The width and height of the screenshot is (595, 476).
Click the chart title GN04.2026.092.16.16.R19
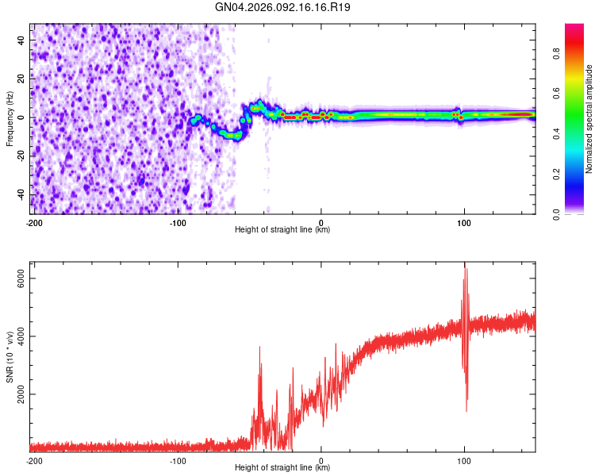[283, 7]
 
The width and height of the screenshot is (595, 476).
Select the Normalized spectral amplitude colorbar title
[589, 119]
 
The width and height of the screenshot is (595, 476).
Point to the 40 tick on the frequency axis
[21, 39]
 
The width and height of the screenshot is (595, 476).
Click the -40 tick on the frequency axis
[20, 194]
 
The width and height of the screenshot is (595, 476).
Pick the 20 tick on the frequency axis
[21, 78]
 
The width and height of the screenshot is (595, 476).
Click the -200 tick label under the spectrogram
[34, 222]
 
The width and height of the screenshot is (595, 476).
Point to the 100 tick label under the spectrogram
[464, 222]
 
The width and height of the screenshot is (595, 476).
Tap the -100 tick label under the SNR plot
[178, 460]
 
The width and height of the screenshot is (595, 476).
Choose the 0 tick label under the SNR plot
[321, 460]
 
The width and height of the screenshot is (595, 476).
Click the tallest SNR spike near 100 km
[465, 265]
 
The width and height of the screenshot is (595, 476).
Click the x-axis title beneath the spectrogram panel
[283, 230]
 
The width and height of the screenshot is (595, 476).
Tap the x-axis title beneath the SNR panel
[283, 468]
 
